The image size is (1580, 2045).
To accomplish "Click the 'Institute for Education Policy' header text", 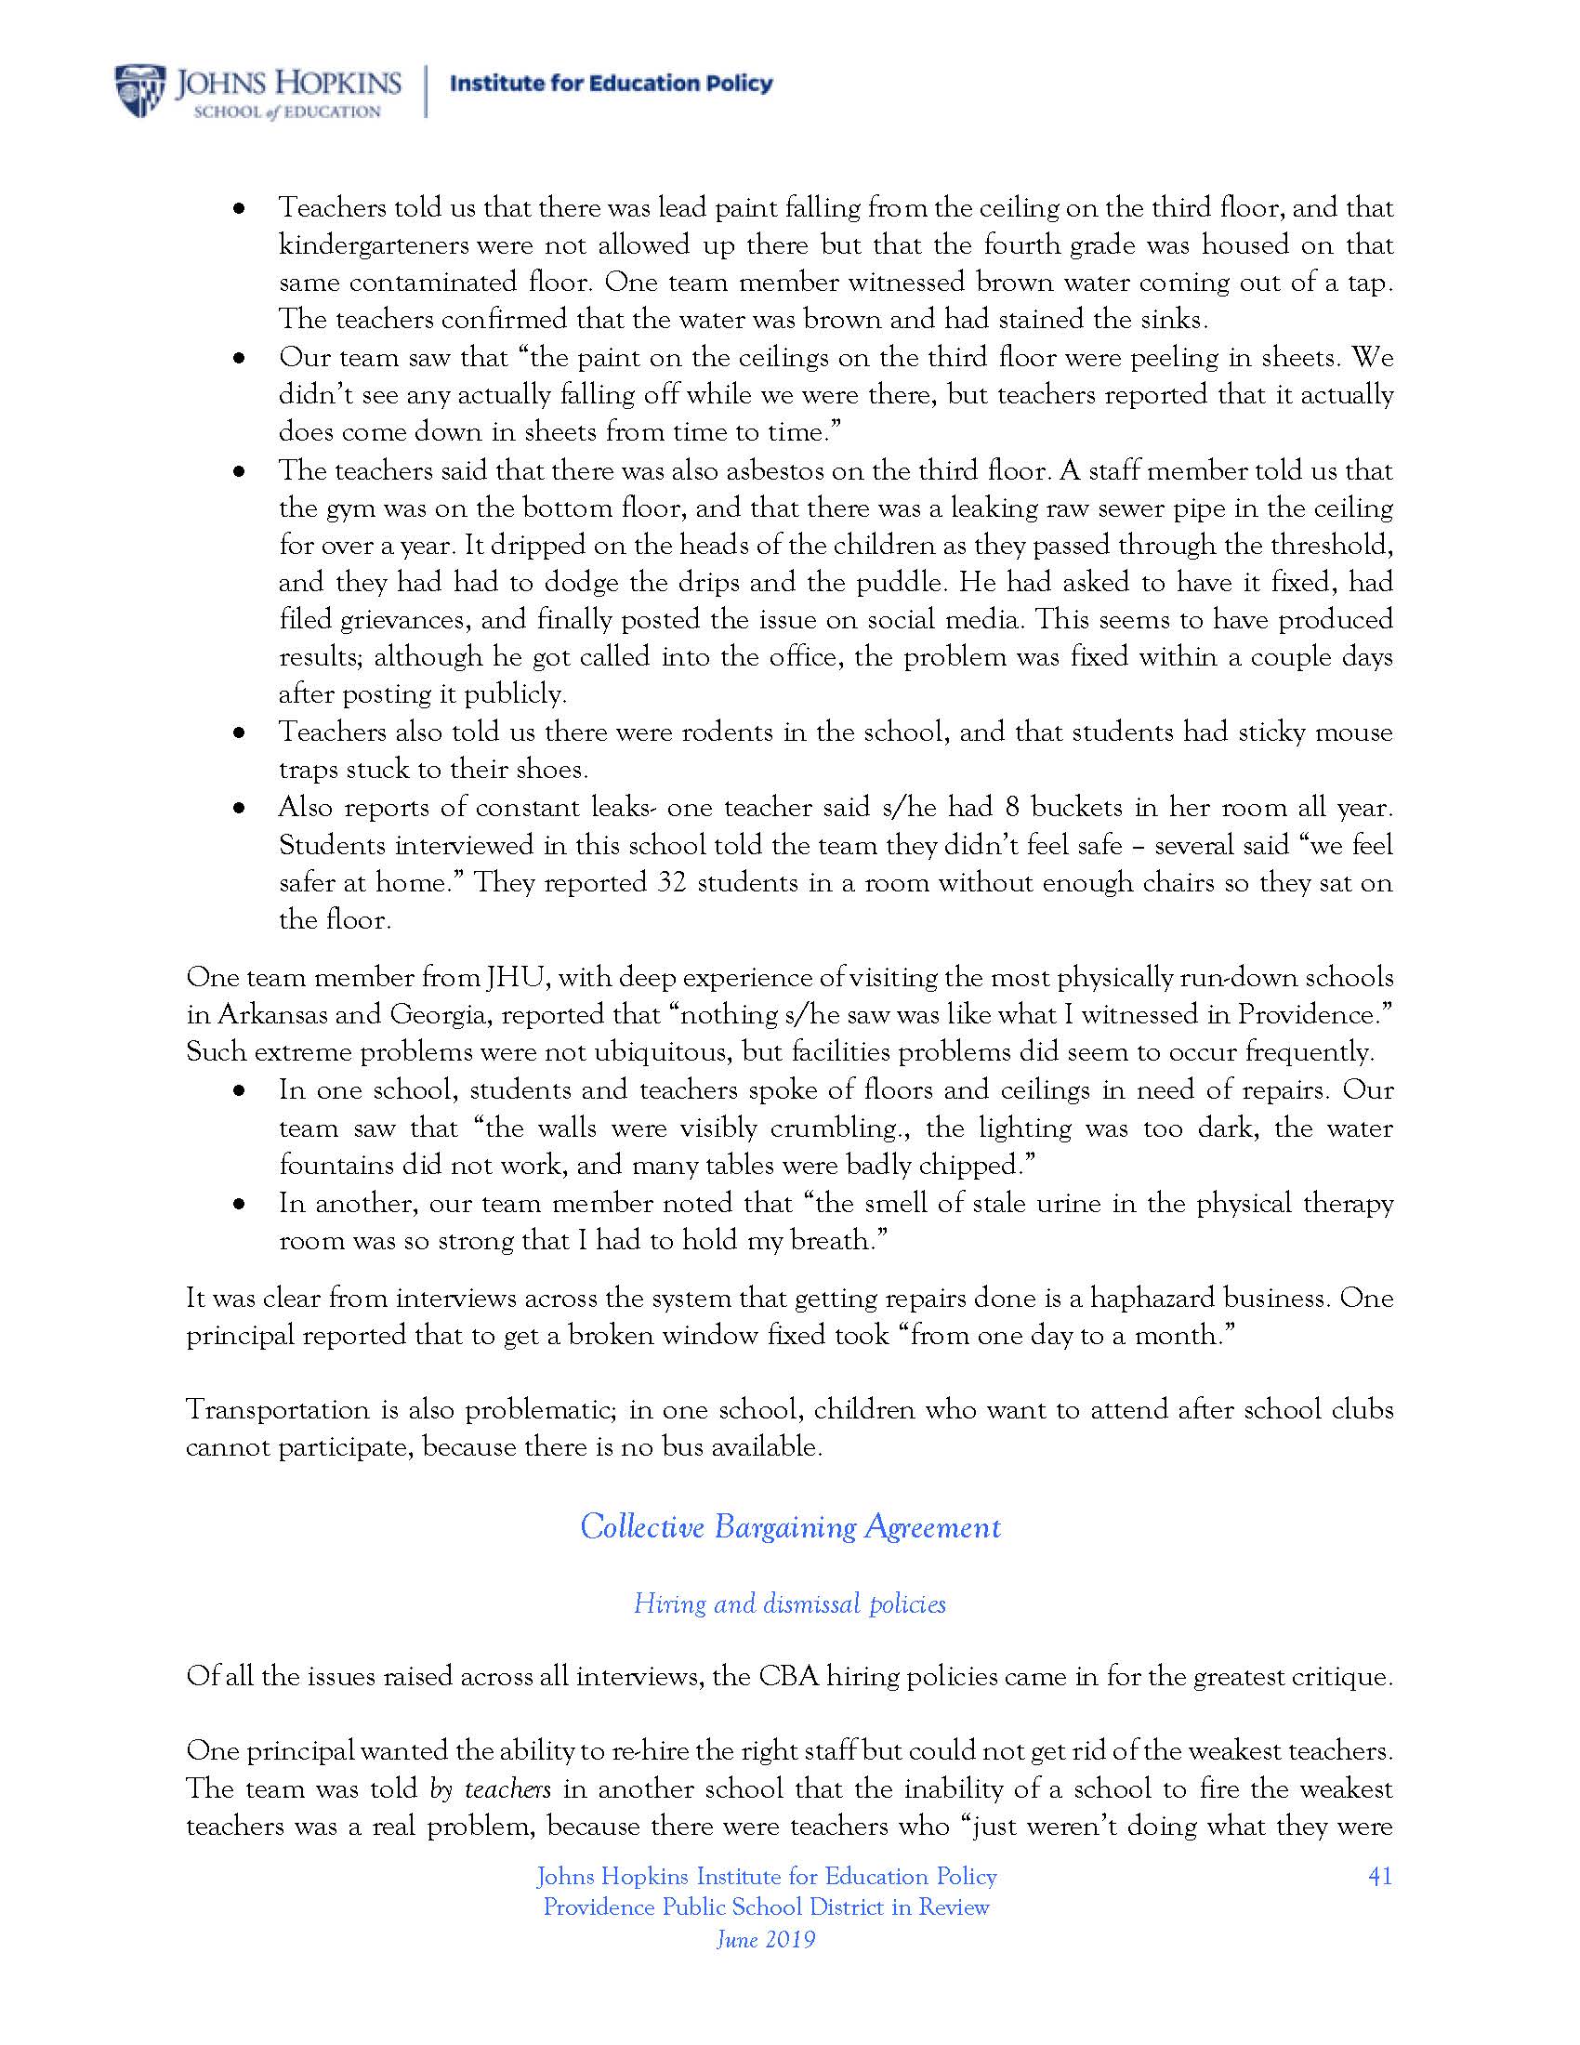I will [612, 85].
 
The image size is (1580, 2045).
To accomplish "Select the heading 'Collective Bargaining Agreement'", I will [790, 1527].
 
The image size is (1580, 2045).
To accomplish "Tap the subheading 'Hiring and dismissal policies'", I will [790, 1604].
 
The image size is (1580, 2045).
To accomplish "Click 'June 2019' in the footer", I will [766, 1939].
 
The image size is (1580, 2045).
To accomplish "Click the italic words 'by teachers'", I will [490, 1788].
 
